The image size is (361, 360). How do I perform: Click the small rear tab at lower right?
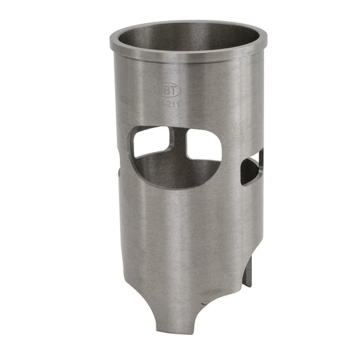click(248, 271)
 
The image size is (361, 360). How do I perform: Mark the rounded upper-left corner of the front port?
click(140, 132)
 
